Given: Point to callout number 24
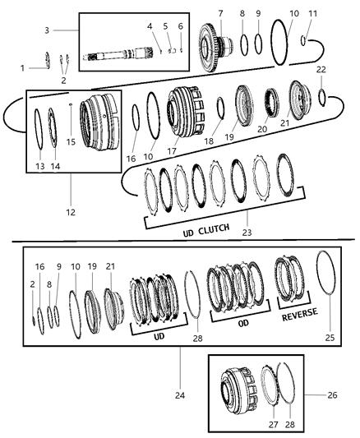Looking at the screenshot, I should (x=179, y=371).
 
